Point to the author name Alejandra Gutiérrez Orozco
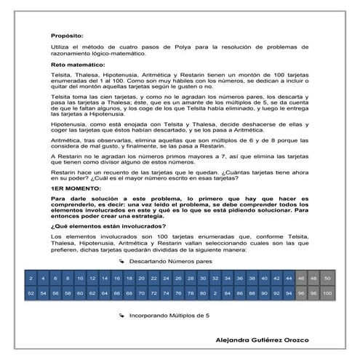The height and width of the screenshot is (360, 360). coord(270,340)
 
